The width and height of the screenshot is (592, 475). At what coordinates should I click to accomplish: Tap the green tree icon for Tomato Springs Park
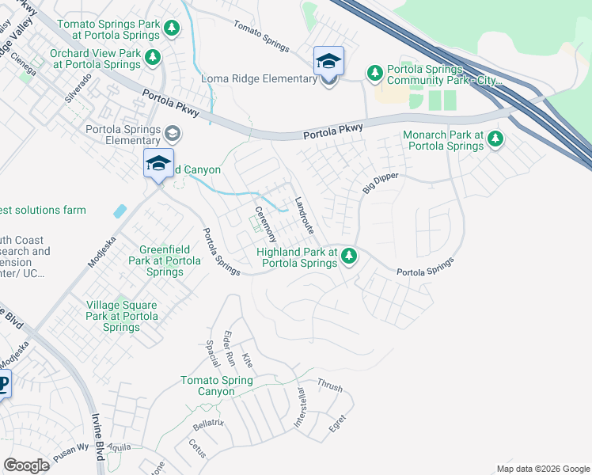173,29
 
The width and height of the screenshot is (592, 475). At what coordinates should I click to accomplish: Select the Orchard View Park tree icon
154,58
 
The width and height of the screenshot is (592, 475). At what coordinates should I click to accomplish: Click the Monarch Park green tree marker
495,140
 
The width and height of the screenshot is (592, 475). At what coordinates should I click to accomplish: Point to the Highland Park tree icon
347,256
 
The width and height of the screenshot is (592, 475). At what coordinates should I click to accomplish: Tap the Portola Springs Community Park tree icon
374,74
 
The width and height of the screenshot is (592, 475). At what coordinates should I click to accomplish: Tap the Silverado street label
79,89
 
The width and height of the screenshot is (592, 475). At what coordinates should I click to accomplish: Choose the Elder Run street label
229,348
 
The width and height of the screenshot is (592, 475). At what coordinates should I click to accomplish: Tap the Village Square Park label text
121,316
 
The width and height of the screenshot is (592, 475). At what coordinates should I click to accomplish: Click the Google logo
26,465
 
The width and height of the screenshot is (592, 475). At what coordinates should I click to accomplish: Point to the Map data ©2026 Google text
542,469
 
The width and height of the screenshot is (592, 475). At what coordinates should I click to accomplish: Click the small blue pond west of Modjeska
120,211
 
